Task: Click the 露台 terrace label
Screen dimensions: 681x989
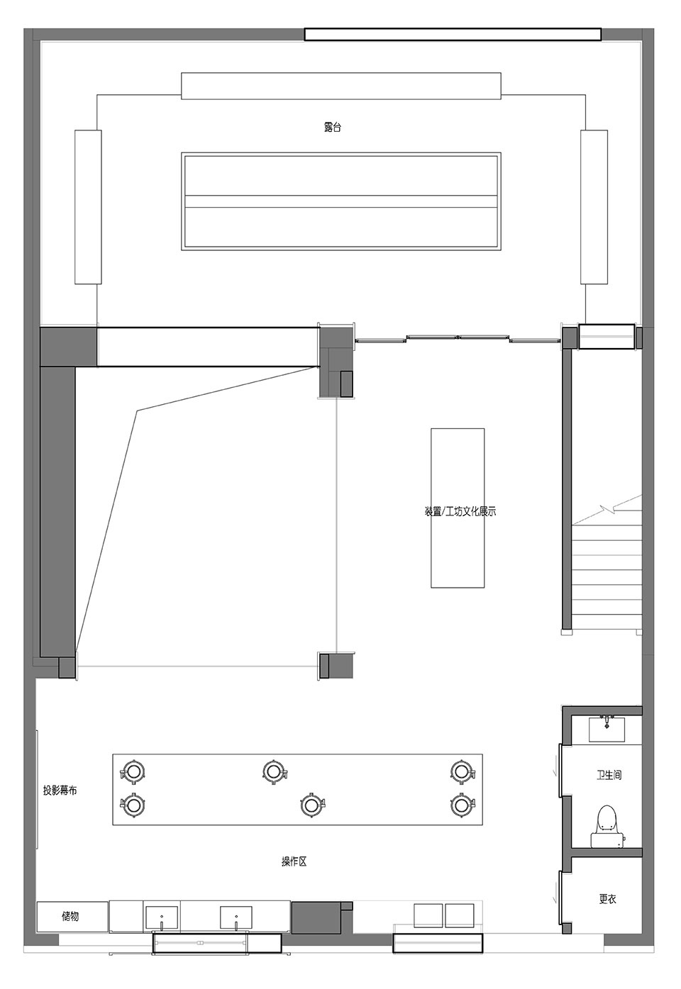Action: [332, 128]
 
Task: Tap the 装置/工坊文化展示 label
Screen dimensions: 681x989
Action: [460, 512]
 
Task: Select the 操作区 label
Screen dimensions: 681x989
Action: [294, 861]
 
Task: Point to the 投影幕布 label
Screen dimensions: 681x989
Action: [60, 790]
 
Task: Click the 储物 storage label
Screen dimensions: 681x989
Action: [70, 916]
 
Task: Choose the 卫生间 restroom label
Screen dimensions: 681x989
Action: [609, 775]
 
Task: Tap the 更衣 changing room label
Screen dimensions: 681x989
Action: [607, 898]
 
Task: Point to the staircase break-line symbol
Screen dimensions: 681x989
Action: [609, 511]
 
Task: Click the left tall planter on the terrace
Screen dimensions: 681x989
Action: [88, 206]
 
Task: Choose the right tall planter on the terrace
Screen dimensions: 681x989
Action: [594, 206]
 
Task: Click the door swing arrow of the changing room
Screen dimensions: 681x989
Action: [554, 899]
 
